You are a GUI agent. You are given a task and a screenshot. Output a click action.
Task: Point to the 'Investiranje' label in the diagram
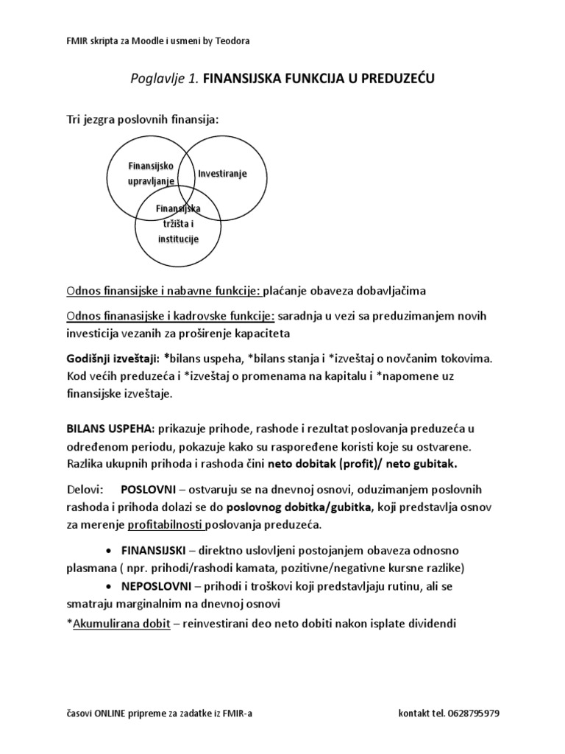[222, 174]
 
